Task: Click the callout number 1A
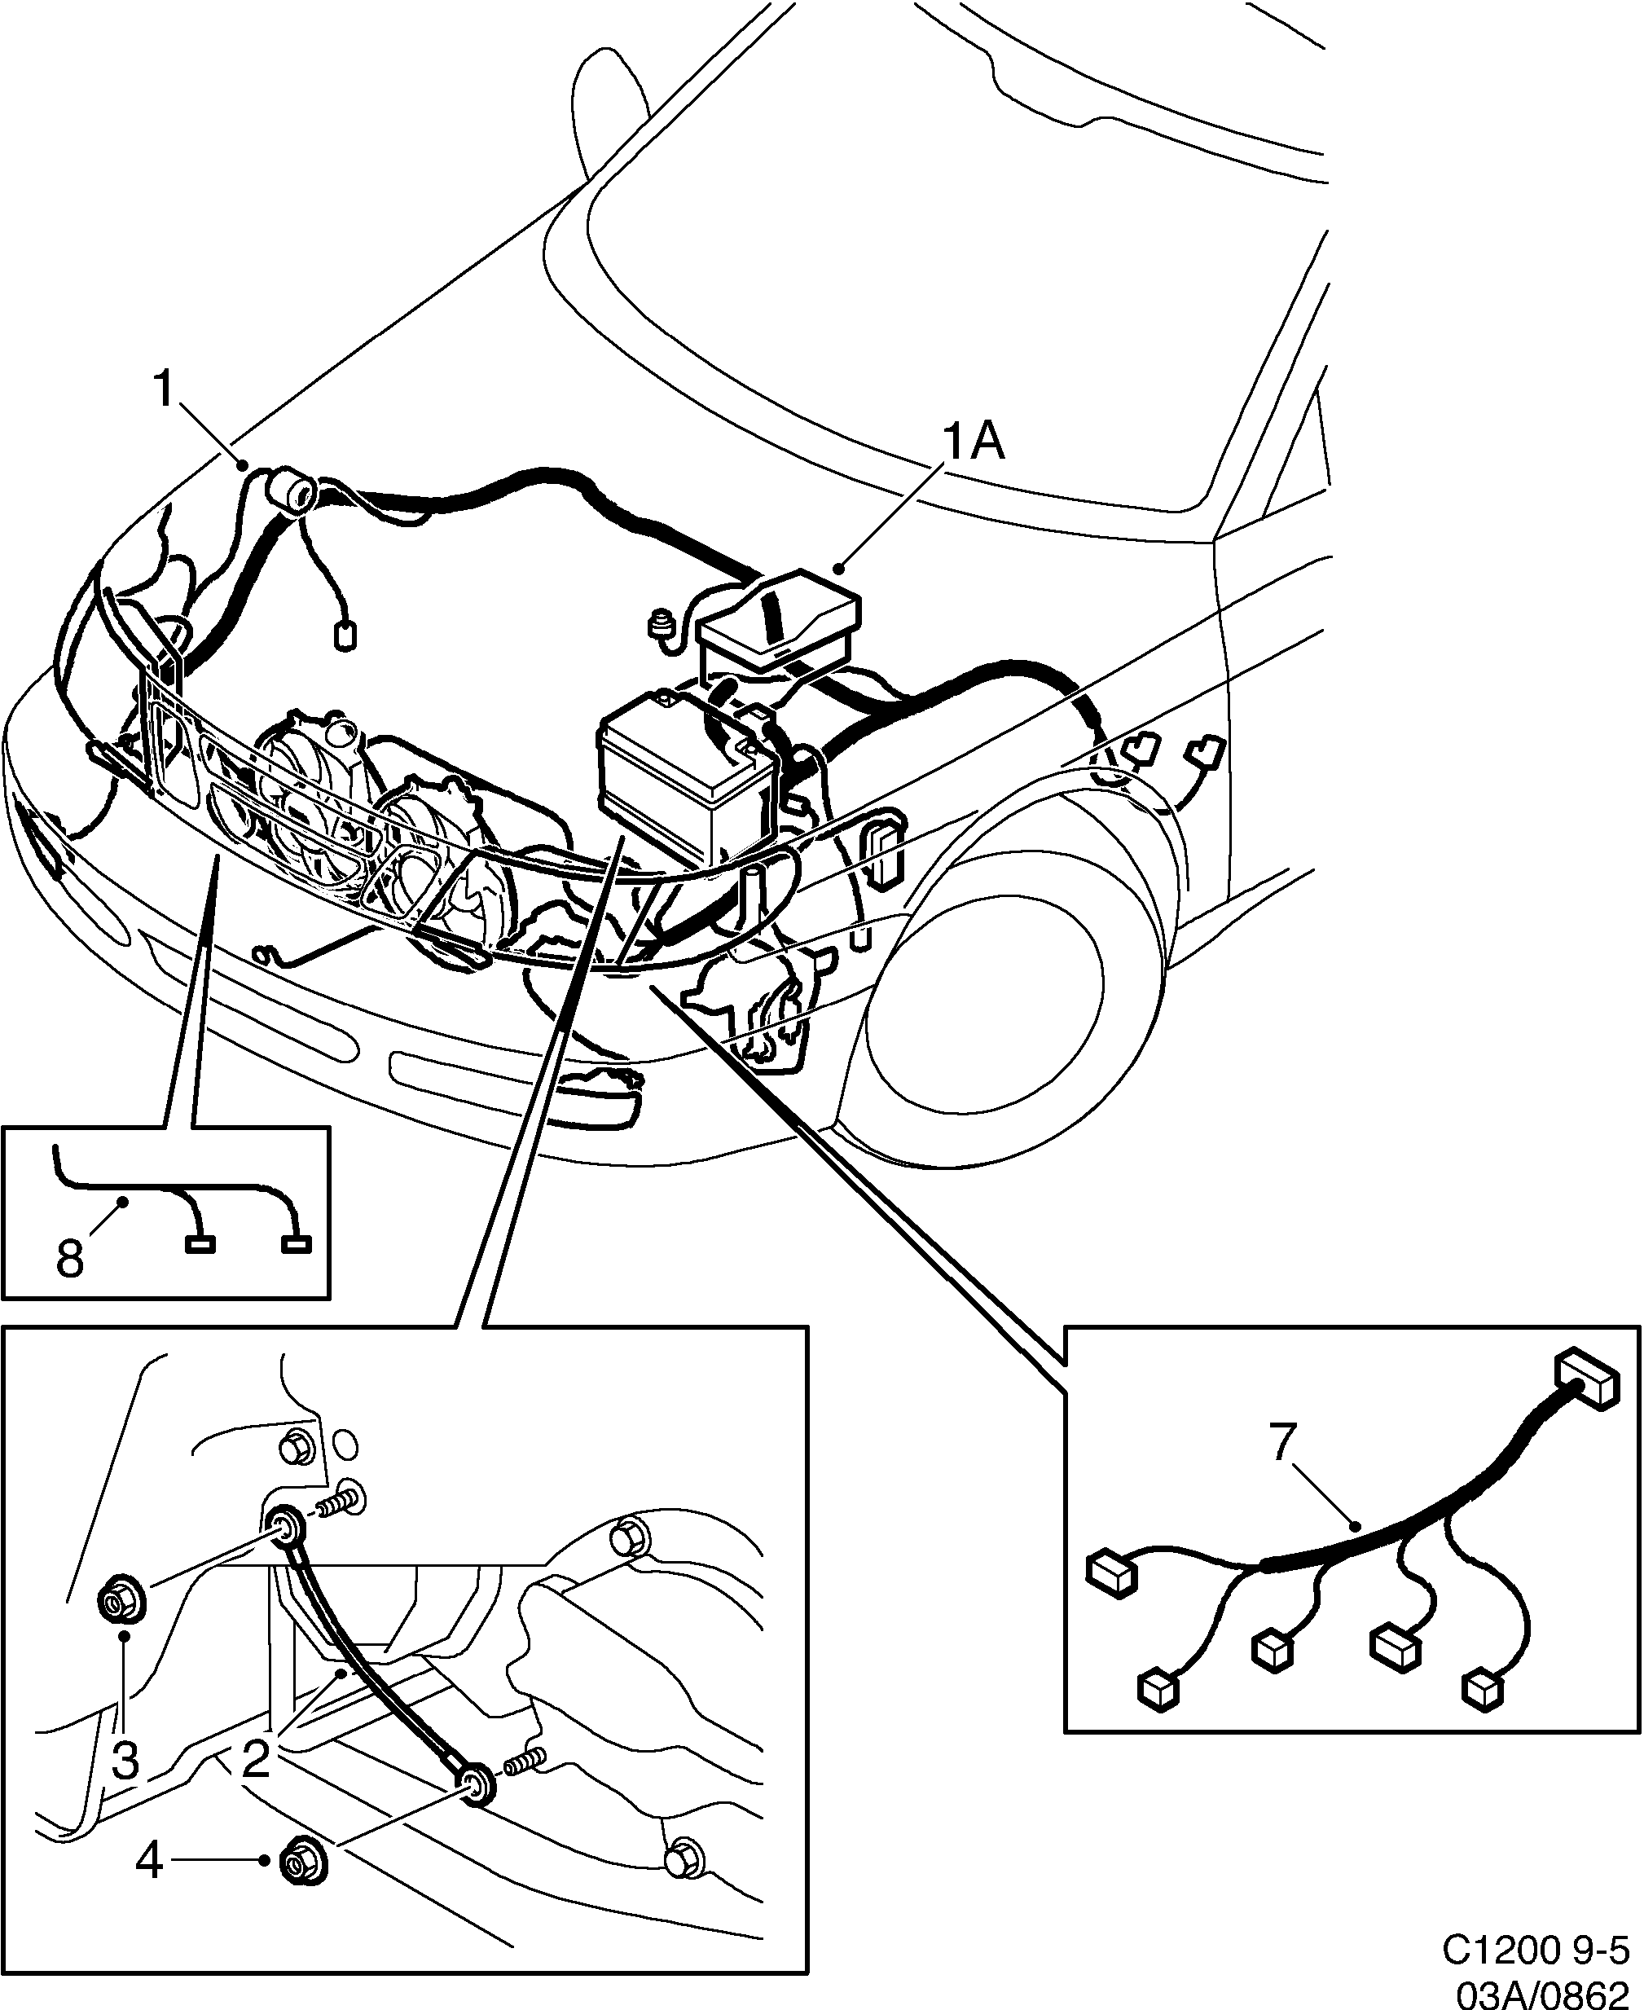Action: pyautogui.click(x=973, y=442)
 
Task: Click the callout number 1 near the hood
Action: pyautogui.click(x=165, y=389)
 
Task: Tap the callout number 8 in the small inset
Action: pyautogui.click(x=70, y=1259)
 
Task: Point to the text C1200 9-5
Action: pyautogui.click(x=1539, y=1950)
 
